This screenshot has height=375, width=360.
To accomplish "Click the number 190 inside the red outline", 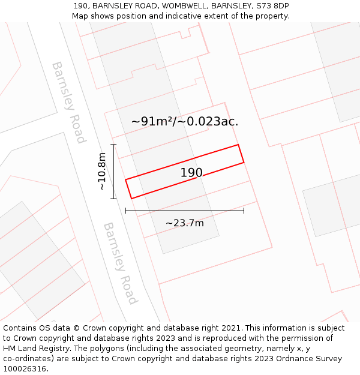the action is (x=191, y=173).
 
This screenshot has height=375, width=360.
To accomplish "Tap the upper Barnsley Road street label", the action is (x=68, y=102).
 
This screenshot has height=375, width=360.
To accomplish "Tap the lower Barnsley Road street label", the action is (x=120, y=263).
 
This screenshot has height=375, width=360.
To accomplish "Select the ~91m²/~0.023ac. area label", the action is (x=185, y=121).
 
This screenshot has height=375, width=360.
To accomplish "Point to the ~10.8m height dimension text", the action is (x=102, y=171).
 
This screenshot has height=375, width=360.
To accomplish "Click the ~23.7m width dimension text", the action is (x=185, y=223).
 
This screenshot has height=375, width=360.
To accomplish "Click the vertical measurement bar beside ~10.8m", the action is (x=113, y=171).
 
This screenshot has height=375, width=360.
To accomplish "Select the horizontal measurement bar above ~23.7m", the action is (x=184, y=211).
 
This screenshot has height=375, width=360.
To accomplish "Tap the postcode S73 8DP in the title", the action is (x=273, y=6).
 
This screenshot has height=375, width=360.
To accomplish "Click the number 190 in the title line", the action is (x=81, y=6).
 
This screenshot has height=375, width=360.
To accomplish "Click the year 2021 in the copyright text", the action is (x=231, y=328).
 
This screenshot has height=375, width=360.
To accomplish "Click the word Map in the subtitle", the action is (x=80, y=16).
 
